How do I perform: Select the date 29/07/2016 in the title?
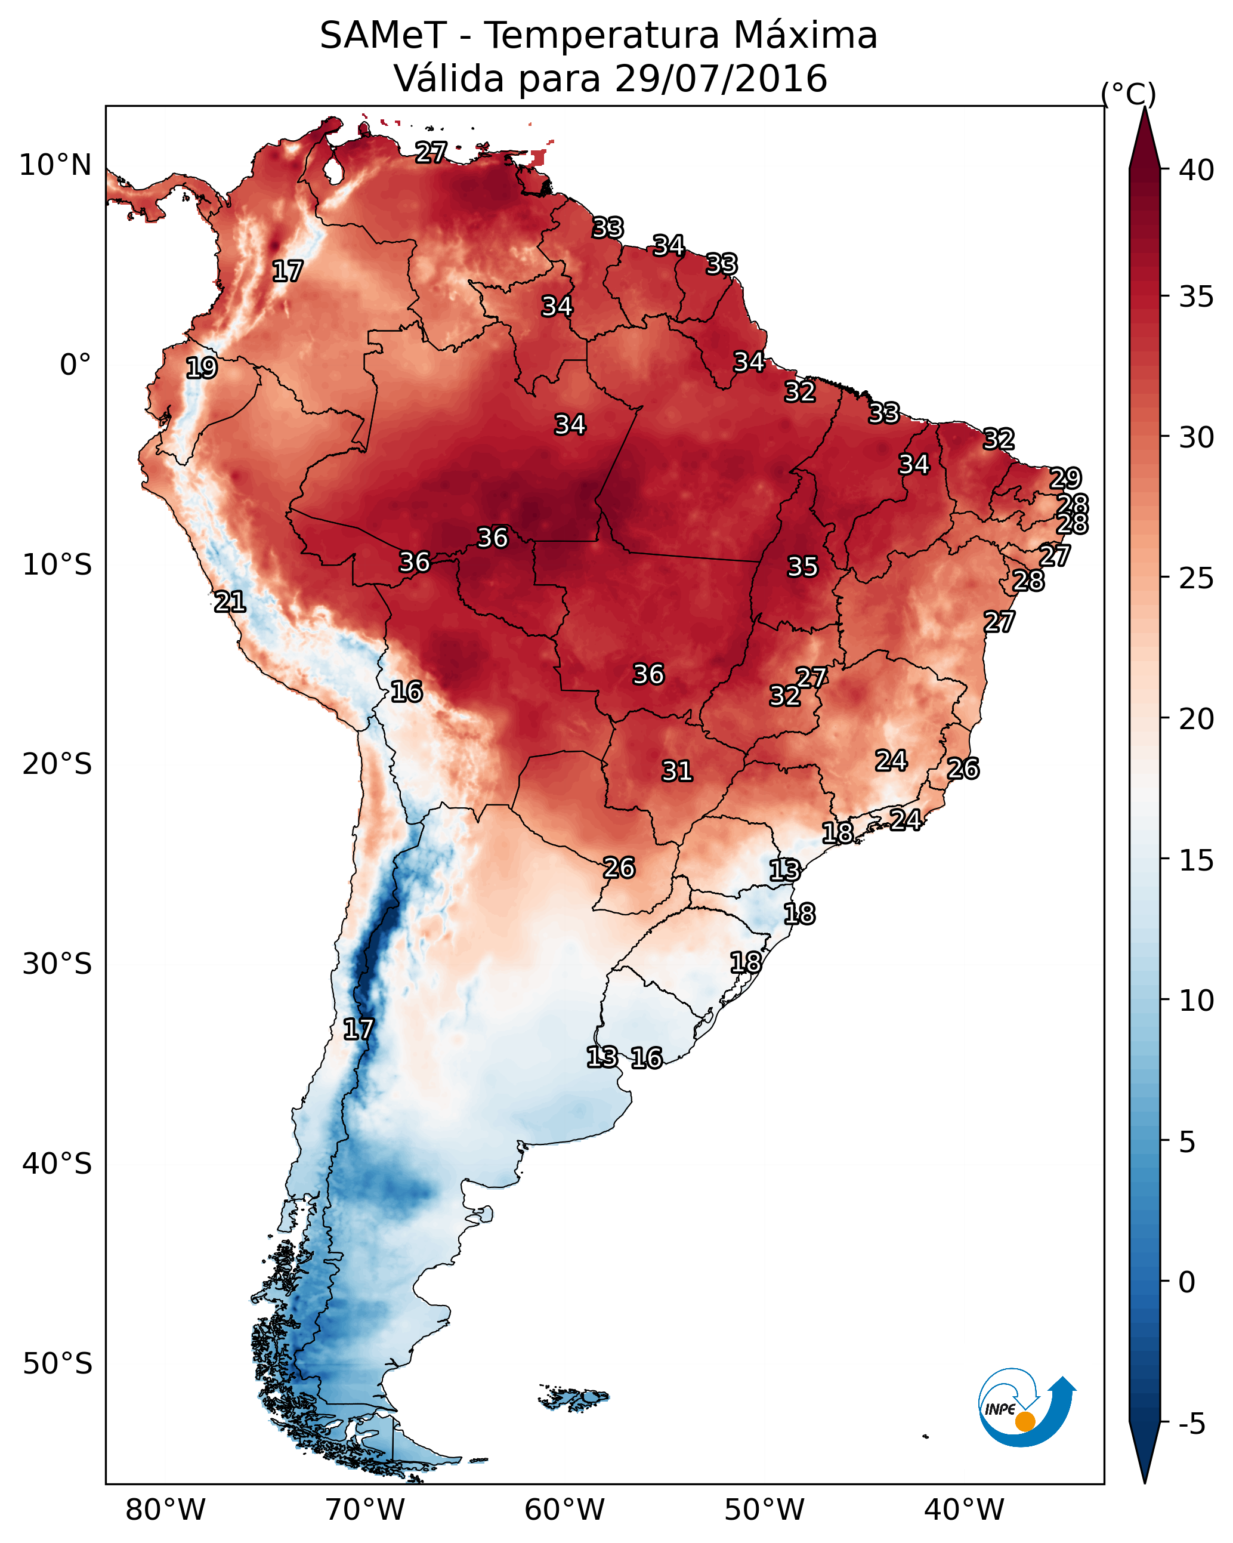point(721,79)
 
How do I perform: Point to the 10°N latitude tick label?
point(55,165)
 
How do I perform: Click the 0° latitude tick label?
point(75,365)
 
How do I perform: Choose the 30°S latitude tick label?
point(57,964)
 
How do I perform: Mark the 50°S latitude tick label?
point(57,1363)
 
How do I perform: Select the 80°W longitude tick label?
point(165,1510)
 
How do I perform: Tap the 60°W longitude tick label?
point(565,1510)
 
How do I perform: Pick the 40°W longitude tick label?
point(964,1510)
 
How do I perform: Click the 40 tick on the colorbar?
point(1197,170)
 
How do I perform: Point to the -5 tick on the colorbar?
point(1191,1424)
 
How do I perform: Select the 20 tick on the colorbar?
point(1197,718)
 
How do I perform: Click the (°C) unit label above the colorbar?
point(1128,94)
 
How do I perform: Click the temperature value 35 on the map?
point(802,567)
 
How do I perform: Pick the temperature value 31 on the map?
point(677,771)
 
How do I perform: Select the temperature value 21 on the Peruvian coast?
point(230,602)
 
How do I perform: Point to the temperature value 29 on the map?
point(1065,477)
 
